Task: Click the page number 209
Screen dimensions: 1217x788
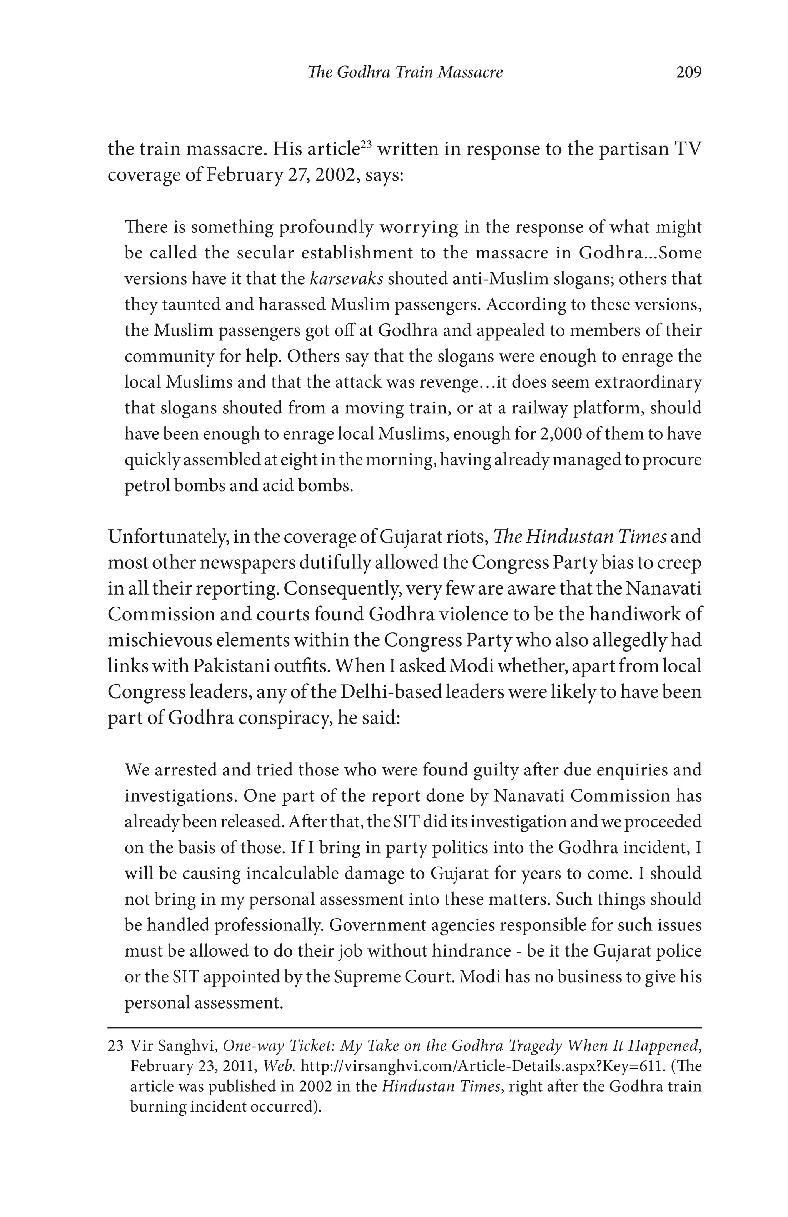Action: pos(688,73)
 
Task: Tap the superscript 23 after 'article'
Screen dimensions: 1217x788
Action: pos(365,144)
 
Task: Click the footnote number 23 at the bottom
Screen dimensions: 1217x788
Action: pos(115,1046)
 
